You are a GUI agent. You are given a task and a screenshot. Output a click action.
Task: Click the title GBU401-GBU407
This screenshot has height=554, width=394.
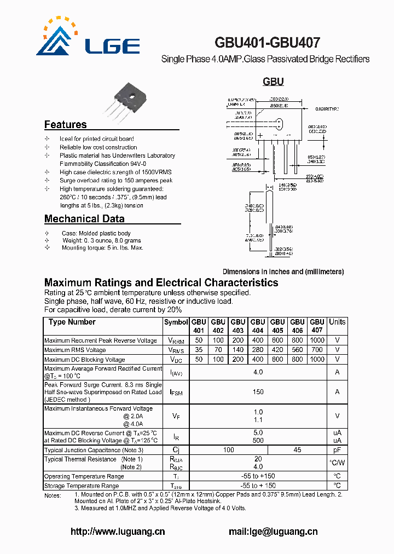coord(268,43)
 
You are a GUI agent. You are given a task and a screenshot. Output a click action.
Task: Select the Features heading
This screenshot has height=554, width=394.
coord(65,125)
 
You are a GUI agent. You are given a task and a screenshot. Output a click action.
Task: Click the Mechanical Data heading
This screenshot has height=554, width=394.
coord(84,219)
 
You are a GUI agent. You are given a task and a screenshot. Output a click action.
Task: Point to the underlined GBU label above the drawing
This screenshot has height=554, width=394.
coord(273,82)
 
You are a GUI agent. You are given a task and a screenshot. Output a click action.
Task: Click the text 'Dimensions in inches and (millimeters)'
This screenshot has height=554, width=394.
coord(283,272)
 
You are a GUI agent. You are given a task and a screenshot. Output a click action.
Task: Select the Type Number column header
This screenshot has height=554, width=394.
coord(72,322)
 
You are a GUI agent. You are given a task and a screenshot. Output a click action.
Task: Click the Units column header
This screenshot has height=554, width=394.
coord(337,322)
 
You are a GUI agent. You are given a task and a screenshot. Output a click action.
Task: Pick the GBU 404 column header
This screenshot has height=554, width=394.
coord(258,326)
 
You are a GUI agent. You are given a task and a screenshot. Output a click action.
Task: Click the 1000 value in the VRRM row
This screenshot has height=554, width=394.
coord(317,341)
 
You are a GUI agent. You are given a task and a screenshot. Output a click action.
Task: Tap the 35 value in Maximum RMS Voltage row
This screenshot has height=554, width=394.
coord(198,350)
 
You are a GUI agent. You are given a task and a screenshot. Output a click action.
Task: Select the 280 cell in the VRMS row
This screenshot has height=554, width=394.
coord(258,350)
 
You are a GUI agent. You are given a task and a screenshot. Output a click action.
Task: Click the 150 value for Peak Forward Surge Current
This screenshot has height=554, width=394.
coord(258,392)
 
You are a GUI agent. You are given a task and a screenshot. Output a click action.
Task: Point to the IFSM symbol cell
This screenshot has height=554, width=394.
coord(176,392)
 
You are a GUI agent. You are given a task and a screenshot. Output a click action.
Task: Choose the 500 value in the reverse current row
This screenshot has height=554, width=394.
coord(258,441)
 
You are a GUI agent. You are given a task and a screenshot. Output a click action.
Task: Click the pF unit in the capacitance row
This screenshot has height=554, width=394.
coord(337,450)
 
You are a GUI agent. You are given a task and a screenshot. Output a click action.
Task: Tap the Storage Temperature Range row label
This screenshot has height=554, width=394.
coord(82,486)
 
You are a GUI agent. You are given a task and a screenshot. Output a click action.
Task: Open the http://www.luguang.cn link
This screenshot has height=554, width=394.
coord(118,532)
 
